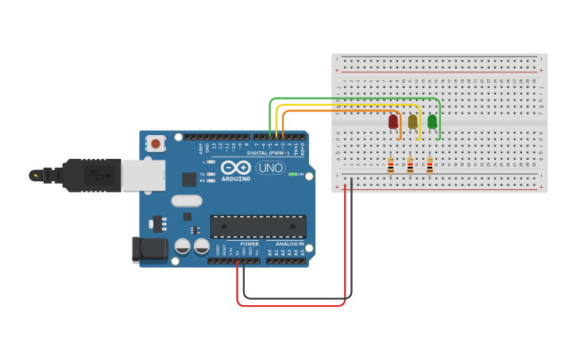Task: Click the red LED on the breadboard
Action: tap(392, 122)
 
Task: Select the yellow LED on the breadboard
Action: tap(412, 122)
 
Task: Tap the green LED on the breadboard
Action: tap(432, 122)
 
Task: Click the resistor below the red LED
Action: tap(390, 165)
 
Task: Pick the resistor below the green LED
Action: tap(430, 165)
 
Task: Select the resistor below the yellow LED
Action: tap(410, 165)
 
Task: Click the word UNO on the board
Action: tap(271, 168)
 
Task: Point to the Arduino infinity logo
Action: tap(237, 168)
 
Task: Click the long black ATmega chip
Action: tap(257, 226)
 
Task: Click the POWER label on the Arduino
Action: tap(249, 244)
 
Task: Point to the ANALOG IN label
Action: tap(289, 244)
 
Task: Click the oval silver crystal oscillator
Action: tap(187, 201)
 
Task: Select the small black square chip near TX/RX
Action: tap(189, 180)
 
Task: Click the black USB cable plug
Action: tap(92, 175)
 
